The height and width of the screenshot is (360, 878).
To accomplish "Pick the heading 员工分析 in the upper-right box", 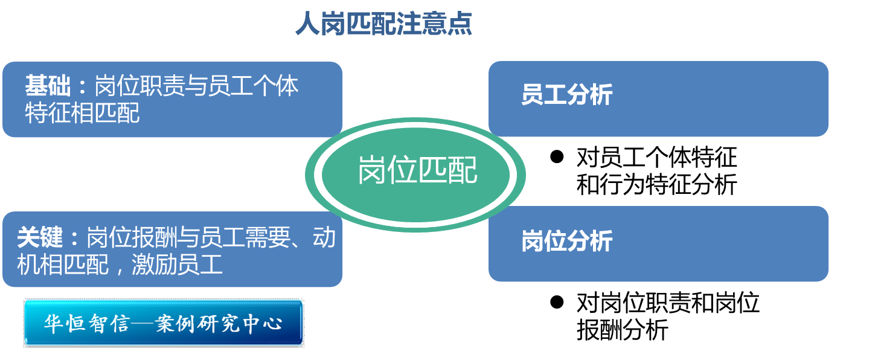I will tap(567, 95).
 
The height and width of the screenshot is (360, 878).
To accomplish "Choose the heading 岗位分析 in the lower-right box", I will tap(567, 241).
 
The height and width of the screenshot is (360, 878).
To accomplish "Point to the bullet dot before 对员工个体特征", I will tap(557, 157).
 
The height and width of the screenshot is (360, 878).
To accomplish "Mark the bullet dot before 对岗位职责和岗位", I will tap(557, 301).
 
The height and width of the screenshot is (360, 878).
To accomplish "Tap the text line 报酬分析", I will tap(622, 330).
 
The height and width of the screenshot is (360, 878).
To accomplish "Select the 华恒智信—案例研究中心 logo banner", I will tap(164, 323).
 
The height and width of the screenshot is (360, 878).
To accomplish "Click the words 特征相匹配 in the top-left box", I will tap(82, 113).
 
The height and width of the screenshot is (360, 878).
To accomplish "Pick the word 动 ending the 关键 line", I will tap(324, 238).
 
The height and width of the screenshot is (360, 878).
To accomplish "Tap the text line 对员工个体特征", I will tap(656, 158).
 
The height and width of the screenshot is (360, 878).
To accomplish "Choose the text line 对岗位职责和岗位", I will tap(667, 303).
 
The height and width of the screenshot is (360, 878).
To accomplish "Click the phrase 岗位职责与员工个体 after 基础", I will tap(197, 86).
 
